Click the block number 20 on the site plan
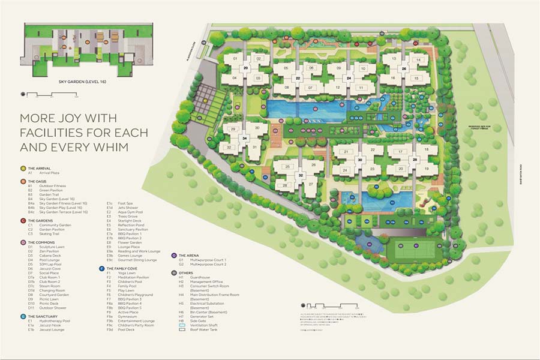tap(246, 68)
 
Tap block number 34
tap(244, 138)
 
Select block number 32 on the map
tap(301, 175)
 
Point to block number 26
tap(404, 69)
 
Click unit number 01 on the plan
tap(235, 59)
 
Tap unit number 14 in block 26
tap(418, 60)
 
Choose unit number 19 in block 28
tap(427, 169)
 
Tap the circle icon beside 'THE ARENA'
tap(173, 255)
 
